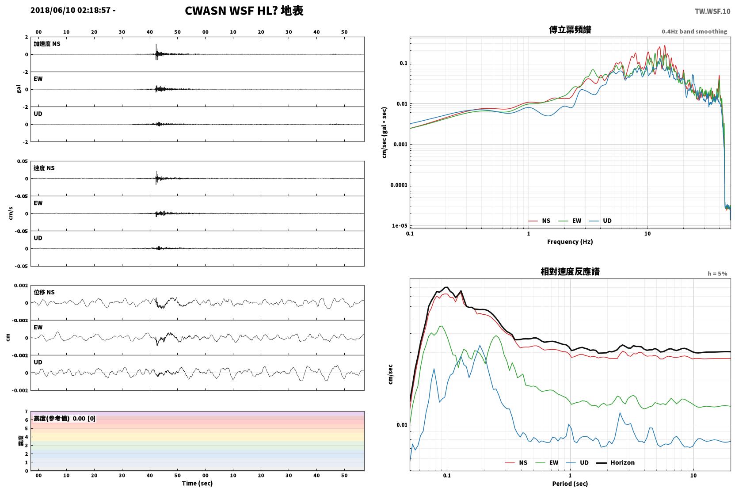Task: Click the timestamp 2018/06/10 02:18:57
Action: click(x=71, y=10)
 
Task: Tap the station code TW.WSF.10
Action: click(x=712, y=11)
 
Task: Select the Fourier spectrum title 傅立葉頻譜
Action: click(x=570, y=30)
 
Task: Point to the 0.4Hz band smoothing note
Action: click(x=694, y=31)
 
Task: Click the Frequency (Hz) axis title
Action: click(x=570, y=242)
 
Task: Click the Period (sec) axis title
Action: click(x=570, y=484)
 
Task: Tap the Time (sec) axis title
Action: click(x=197, y=483)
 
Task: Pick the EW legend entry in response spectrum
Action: click(x=546, y=462)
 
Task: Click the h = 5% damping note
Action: click(x=717, y=274)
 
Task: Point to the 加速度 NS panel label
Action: click(x=47, y=44)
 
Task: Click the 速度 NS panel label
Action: click(x=44, y=168)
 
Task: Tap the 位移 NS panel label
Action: click(x=44, y=292)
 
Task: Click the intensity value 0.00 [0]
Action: click(x=84, y=419)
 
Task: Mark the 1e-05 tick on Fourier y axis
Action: click(x=400, y=225)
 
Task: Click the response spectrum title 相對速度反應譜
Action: click(x=570, y=272)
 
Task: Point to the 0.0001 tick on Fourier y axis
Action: click(x=399, y=185)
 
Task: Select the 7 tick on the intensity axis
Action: click(x=26, y=412)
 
